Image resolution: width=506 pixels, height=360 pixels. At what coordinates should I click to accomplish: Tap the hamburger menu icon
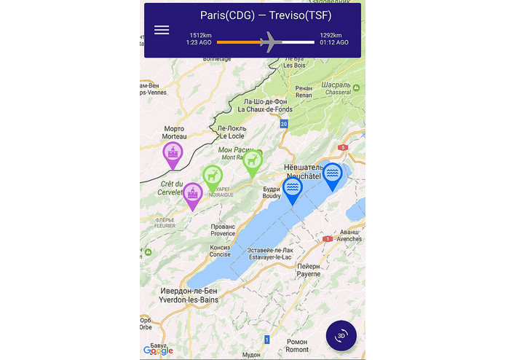162,30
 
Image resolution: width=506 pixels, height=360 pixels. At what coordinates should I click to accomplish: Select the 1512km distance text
200,35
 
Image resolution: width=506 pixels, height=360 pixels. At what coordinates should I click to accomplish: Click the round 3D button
341,336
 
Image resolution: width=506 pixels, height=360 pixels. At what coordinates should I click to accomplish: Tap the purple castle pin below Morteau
173,154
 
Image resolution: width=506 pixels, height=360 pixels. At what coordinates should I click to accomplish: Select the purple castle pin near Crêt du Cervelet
193,194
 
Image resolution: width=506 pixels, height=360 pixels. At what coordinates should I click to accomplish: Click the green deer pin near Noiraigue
213,176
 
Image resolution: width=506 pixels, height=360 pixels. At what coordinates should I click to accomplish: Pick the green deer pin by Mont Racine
253,160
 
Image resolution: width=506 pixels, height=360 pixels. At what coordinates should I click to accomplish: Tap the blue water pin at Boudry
293,188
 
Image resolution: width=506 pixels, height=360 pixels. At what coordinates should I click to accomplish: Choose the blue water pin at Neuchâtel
333,174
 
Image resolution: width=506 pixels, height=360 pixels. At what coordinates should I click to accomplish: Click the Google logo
158,351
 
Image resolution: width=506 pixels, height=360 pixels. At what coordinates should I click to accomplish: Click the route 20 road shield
284,125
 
